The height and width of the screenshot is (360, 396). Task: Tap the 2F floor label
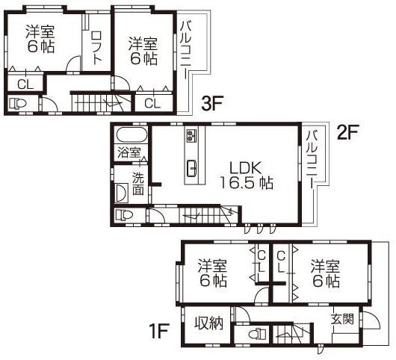[348, 133]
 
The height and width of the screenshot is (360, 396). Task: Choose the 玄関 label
[342, 319]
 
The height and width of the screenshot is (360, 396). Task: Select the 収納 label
[209, 323]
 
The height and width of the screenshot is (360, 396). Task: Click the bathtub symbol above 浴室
[132, 137]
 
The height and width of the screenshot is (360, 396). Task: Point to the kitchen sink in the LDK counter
[190, 167]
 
